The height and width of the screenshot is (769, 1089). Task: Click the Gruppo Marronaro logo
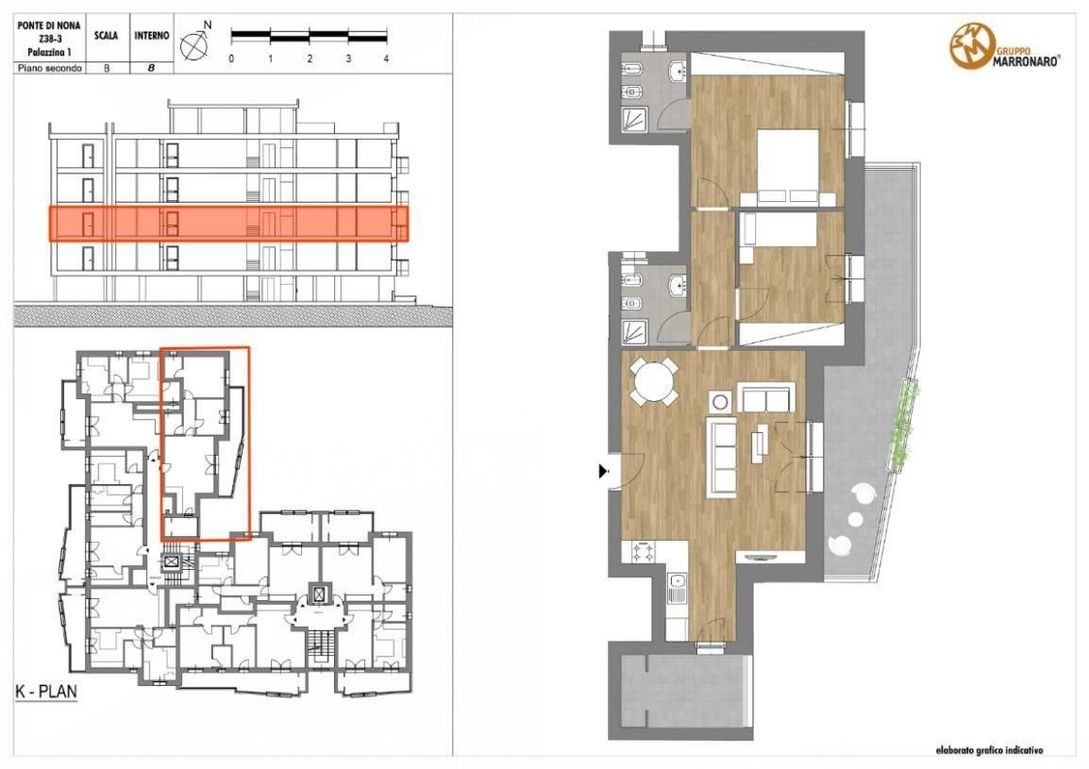[x=1004, y=46]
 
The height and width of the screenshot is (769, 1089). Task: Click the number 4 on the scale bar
[x=386, y=59]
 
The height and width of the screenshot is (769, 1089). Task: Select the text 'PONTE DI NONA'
[x=49, y=25]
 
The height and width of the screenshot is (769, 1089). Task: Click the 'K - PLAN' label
[x=46, y=692]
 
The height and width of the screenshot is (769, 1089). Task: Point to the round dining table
[x=654, y=381]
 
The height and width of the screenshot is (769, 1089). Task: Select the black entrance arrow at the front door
[x=604, y=472]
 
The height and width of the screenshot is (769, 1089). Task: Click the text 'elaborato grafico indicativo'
[x=988, y=750]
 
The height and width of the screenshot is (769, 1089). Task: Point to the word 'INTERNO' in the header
[x=151, y=36]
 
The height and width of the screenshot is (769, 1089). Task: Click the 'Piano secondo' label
[x=49, y=68]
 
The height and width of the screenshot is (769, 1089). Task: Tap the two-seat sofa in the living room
[x=767, y=397]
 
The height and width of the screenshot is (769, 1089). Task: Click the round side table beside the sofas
[x=721, y=402]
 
